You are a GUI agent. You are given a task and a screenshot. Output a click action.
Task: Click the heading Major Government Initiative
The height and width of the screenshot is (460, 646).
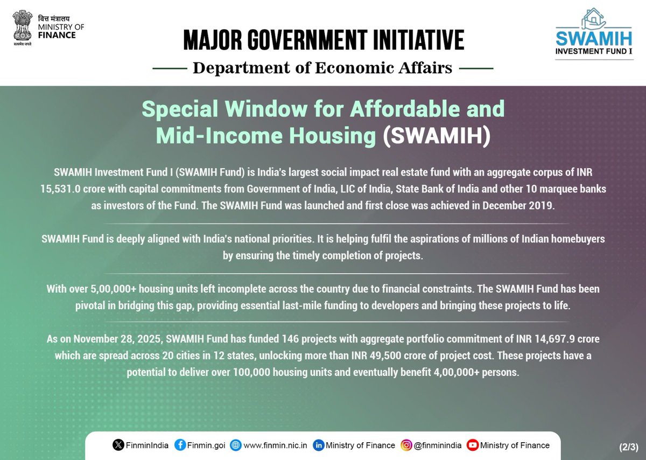(x=323, y=40)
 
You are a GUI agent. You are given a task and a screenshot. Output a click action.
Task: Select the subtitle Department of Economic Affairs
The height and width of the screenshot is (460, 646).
(x=323, y=68)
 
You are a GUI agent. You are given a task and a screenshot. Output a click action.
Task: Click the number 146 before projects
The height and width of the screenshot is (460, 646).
(x=291, y=339)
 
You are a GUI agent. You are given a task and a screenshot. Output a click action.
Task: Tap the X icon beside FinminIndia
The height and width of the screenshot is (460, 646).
(x=118, y=445)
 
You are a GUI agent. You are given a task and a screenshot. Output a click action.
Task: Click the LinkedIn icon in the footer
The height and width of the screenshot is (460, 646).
(x=319, y=445)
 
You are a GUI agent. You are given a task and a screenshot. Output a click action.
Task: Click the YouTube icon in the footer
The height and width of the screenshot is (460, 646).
(x=473, y=445)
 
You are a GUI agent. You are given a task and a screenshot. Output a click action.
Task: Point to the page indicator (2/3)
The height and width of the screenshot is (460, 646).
(x=627, y=447)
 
